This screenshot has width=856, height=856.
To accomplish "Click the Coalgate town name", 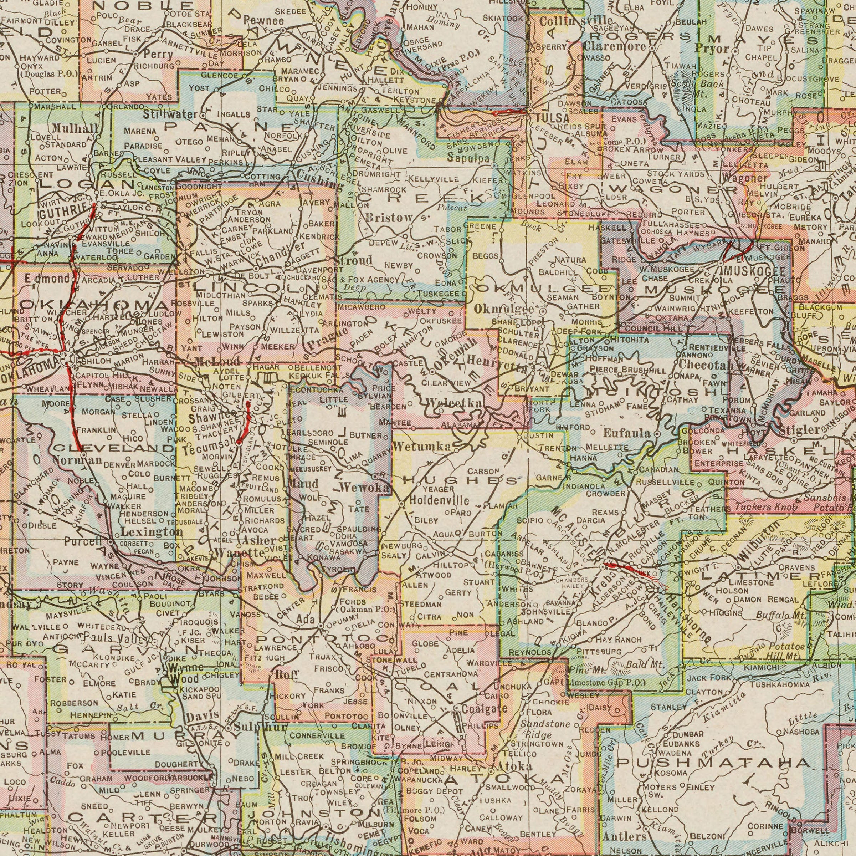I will point(484,709).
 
